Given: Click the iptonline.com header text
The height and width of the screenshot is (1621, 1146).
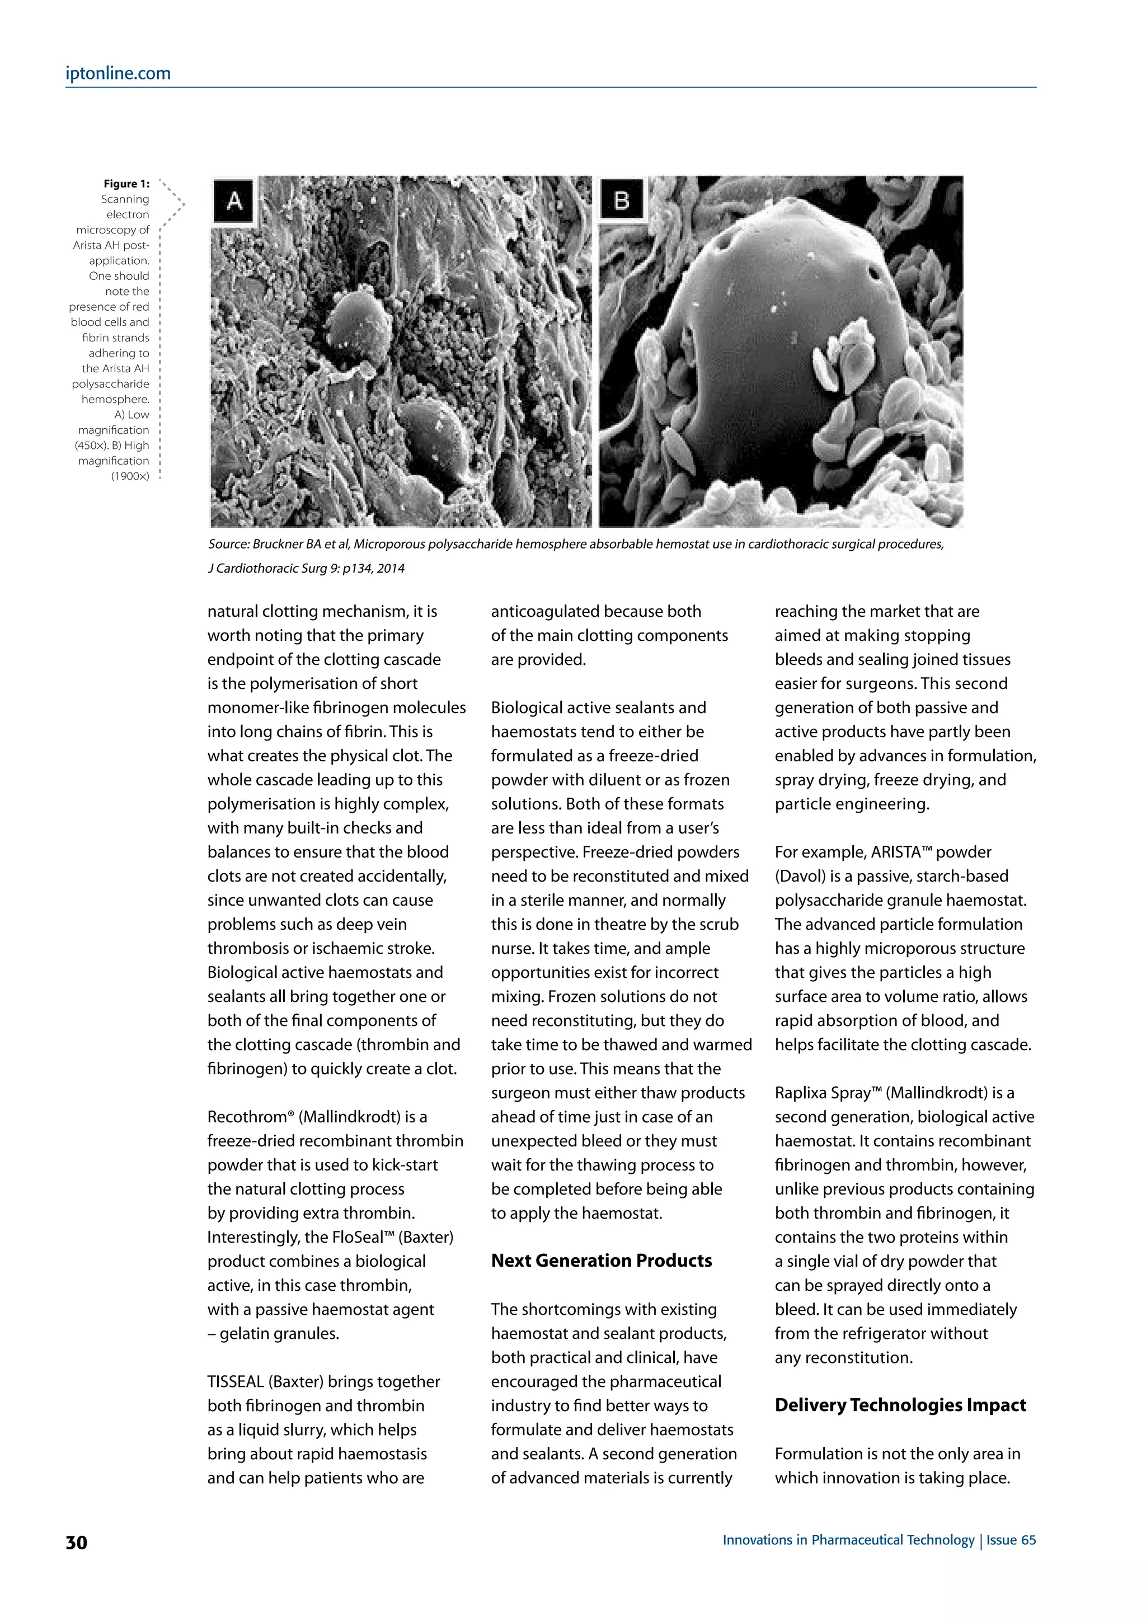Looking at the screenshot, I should pos(118,73).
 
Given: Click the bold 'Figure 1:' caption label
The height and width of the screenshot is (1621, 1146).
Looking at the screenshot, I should pos(126,184).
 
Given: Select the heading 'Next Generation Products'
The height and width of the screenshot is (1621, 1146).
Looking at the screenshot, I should pos(601,1260).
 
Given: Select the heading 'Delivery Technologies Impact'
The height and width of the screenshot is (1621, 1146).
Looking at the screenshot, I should pos(900,1405).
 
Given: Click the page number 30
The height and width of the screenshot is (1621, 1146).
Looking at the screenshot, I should pos(76,1543).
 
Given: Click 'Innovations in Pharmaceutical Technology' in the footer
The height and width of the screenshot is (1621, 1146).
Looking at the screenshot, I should pos(848,1540).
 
